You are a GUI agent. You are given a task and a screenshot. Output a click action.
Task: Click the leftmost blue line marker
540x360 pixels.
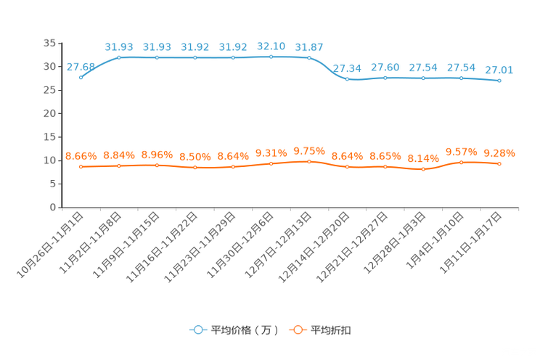(81, 76)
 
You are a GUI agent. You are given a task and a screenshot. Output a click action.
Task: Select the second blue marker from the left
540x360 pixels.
(119, 57)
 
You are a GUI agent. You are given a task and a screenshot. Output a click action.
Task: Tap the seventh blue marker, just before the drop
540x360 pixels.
(309, 57)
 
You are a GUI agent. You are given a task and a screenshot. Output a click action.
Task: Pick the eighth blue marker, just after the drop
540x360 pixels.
(348, 78)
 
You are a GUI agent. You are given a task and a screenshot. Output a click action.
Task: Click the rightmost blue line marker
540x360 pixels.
(499, 81)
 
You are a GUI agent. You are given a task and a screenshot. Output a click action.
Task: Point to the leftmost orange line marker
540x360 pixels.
(81, 166)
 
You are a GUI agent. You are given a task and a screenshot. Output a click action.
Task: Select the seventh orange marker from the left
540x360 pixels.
(309, 161)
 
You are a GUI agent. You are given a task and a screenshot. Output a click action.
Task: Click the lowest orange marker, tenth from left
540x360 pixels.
(423, 169)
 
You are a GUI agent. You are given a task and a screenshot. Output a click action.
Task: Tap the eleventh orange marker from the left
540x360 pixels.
(461, 163)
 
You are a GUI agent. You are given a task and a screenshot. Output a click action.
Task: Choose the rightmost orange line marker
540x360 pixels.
(499, 164)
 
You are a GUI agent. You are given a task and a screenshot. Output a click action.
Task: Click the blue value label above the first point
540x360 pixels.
(80, 66)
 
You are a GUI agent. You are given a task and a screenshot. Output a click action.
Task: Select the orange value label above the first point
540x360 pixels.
(81, 156)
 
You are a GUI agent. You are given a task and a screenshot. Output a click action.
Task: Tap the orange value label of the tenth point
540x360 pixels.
(423, 158)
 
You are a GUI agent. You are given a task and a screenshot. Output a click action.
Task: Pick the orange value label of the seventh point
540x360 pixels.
(309, 150)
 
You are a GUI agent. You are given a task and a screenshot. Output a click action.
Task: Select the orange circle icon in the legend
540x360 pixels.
(297, 330)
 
